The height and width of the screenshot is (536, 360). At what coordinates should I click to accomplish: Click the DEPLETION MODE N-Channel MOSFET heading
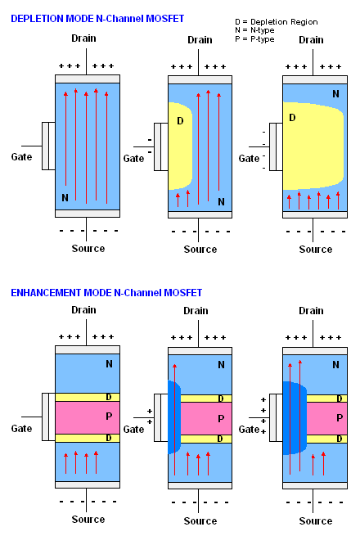click(97, 19)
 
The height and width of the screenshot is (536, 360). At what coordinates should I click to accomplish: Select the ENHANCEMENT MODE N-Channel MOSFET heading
click(106, 293)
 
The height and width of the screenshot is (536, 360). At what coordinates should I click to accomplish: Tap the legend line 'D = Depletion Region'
click(277, 22)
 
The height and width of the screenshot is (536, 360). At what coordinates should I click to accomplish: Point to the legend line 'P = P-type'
click(254, 39)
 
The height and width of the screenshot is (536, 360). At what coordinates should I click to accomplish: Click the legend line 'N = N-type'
click(254, 30)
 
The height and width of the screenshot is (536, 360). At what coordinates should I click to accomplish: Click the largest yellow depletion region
click(313, 146)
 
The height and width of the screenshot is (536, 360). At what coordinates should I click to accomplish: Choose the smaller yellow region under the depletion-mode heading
click(180, 146)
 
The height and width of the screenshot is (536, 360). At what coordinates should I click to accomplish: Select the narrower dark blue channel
click(174, 417)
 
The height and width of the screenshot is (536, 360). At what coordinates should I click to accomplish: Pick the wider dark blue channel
click(295, 417)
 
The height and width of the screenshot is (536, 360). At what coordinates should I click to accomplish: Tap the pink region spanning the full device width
click(88, 417)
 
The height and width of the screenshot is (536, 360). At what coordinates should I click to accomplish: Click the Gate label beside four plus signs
click(250, 430)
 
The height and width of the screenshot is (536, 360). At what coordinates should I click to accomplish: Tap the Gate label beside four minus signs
click(250, 159)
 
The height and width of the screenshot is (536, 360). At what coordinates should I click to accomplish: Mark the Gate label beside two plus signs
click(133, 430)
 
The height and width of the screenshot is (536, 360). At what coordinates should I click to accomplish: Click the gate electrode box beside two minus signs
click(161, 146)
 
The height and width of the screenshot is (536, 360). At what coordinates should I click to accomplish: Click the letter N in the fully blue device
click(65, 197)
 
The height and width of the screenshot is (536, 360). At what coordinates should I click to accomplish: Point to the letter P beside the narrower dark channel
click(221, 419)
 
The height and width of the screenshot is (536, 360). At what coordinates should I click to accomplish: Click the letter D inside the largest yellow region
click(292, 118)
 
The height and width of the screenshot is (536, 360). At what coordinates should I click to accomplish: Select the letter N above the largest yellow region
click(336, 94)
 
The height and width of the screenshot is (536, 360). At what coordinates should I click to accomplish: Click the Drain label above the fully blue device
click(83, 38)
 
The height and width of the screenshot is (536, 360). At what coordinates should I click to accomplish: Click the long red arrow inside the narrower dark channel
click(175, 420)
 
